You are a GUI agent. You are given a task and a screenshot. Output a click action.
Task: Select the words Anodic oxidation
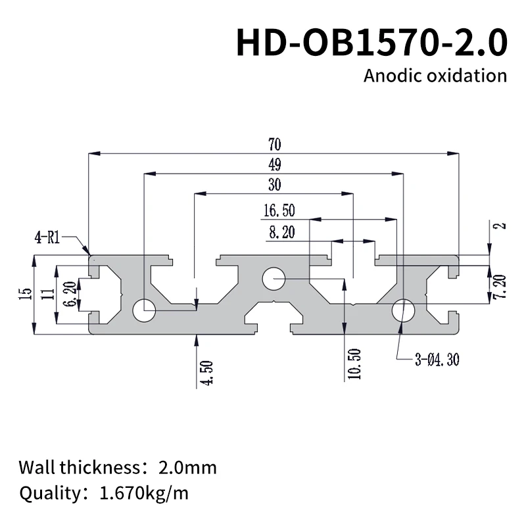(435, 76)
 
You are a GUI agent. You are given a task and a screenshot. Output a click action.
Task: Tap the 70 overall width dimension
(274, 144)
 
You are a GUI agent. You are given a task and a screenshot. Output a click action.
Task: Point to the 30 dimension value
(274, 185)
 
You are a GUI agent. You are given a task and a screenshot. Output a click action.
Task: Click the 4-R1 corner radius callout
(48, 238)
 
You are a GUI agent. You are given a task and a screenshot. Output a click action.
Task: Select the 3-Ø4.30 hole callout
(437, 360)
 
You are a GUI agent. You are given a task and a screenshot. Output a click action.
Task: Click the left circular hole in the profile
(143, 310)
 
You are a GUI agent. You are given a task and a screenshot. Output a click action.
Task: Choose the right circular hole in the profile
(403, 310)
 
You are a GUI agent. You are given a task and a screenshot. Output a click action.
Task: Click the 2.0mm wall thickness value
(187, 468)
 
